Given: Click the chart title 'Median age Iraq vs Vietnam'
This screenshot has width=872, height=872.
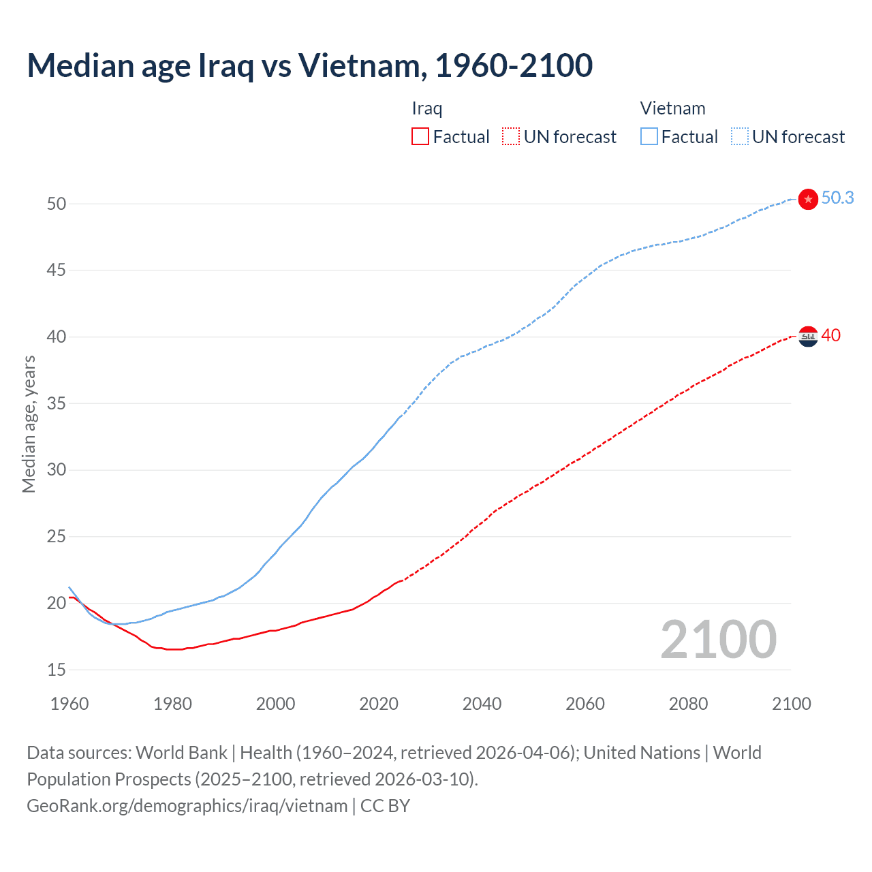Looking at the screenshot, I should tap(309, 65).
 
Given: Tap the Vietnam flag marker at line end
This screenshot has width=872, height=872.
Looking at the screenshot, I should tap(808, 199).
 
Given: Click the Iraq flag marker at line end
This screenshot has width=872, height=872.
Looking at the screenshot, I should tap(808, 336).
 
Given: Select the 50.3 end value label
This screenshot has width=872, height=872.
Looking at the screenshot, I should tap(837, 198).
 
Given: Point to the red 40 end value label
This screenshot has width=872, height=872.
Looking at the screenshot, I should tap(830, 335).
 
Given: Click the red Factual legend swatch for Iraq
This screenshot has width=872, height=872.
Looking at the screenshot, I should tap(420, 137).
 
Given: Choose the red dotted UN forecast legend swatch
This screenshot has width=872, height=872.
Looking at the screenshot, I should tap(511, 137).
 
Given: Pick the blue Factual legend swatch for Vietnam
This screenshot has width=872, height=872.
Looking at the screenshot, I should tap(649, 137).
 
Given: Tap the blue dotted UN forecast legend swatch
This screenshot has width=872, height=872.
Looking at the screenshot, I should tap(740, 137).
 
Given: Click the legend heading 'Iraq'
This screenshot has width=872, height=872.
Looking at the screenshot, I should tap(427, 108).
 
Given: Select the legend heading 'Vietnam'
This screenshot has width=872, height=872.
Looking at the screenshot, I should tap(672, 108).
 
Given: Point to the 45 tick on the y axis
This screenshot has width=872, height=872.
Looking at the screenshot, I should tap(57, 270).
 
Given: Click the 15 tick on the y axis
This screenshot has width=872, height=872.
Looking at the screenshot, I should tap(57, 670).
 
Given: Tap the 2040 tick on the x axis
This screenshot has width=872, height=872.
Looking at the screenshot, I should tap(482, 704).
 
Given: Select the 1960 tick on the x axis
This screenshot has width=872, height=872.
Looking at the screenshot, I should tap(69, 704).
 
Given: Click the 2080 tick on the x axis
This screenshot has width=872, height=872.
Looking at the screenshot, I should tap(688, 704).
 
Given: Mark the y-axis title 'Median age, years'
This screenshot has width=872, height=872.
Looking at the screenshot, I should tap(29, 424).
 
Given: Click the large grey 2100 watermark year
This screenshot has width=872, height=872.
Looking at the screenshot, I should tap(718, 640).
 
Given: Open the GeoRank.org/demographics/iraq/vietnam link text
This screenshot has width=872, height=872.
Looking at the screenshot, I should tap(187, 806).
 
